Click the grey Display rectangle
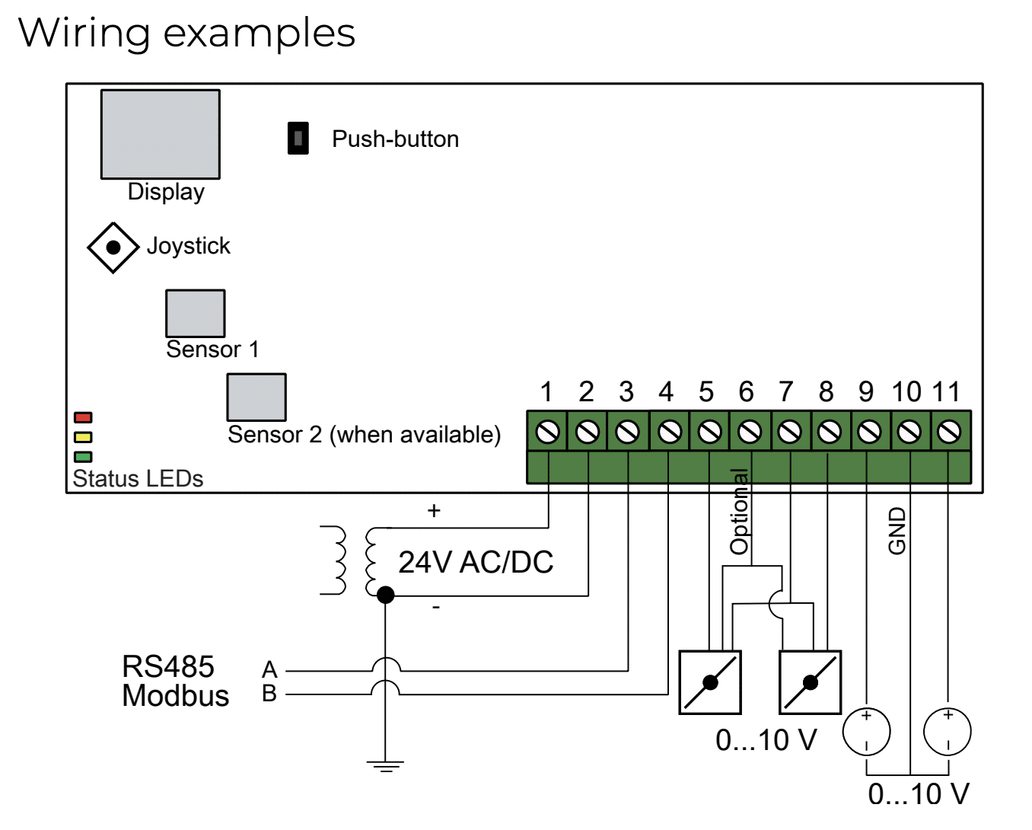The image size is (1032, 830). tap(161, 134)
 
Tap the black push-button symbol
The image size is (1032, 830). tap(298, 138)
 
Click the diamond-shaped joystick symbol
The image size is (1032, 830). tap(113, 247)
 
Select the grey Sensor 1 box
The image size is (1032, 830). tap(195, 313)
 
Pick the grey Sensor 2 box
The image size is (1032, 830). tap(256, 397)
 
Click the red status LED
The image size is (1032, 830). tap(83, 417)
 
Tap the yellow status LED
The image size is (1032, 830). tap(83, 437)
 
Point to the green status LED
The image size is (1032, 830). tap(83, 457)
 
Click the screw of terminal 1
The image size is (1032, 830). tap(547, 432)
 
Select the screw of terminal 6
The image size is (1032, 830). tap(750, 432)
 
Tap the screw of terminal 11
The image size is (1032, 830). tap(948, 432)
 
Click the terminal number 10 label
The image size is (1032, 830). tap(906, 392)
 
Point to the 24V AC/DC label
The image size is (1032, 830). tap(476, 562)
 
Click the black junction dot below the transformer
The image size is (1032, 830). tap(386, 595)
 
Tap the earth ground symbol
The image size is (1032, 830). tap(386, 767)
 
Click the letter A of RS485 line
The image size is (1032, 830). tap(269, 670)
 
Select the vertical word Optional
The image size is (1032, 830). tap(739, 512)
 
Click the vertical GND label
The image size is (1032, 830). tap(897, 531)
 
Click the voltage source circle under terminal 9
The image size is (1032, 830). tap(867, 732)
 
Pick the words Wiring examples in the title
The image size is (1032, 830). tap(186, 34)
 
